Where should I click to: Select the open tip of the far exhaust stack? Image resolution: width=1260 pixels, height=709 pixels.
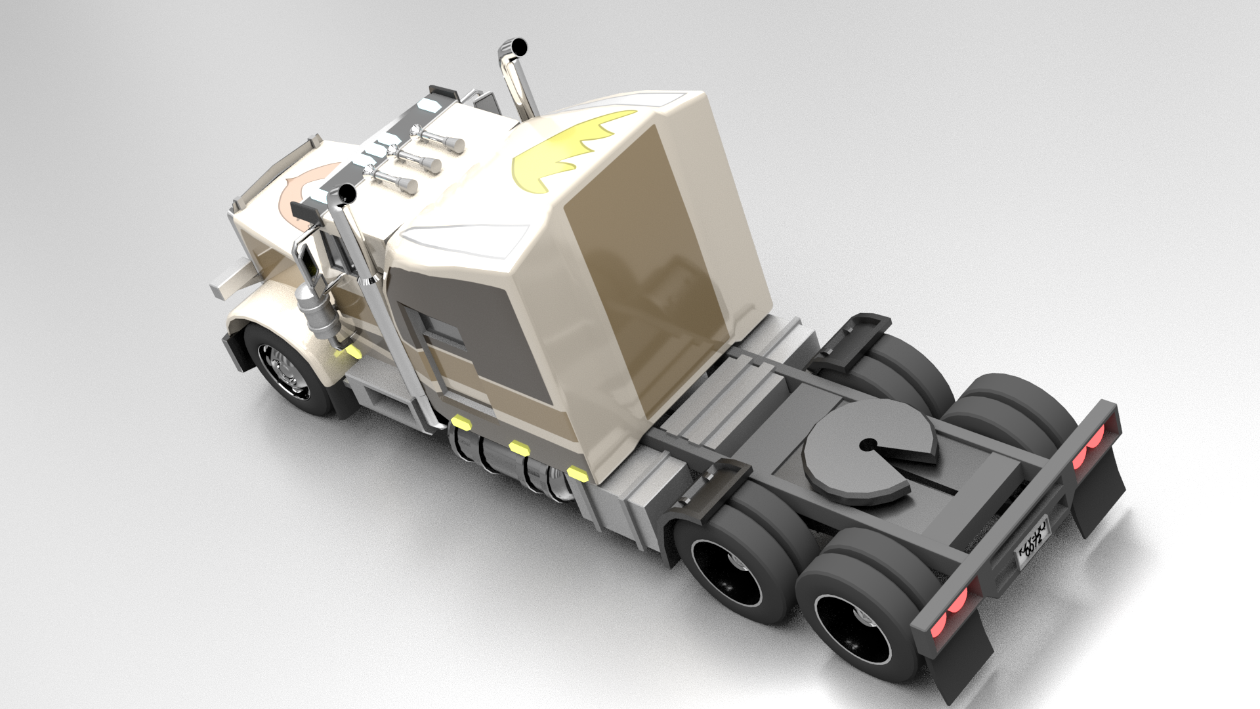tap(518, 47)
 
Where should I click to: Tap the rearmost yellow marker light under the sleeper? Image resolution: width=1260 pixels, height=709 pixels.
tap(577, 473)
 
